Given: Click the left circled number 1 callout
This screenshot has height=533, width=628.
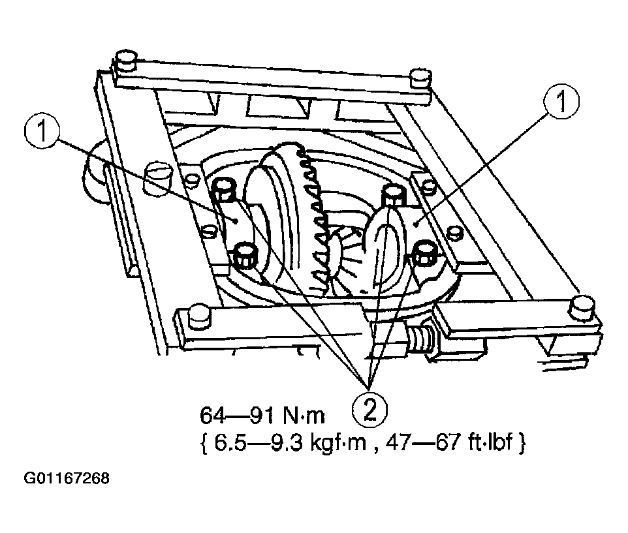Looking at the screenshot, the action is tap(42, 132).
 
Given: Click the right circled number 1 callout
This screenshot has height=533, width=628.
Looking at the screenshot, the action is tap(561, 101).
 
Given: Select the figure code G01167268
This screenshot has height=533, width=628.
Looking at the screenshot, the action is tap(67, 479).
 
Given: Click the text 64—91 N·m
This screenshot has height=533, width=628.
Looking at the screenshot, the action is tap(262, 416).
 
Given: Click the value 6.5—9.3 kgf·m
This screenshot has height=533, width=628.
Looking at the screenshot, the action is tap(290, 444).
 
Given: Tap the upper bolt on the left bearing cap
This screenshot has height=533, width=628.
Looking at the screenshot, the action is tap(225, 189).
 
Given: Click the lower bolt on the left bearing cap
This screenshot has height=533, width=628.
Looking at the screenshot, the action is tap(245, 256).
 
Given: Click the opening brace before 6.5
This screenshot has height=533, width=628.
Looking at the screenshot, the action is tap(203, 444).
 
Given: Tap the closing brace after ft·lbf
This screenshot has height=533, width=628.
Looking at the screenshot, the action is tap(521, 444).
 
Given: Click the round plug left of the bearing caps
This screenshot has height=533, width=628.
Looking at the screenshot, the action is tap(159, 177).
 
